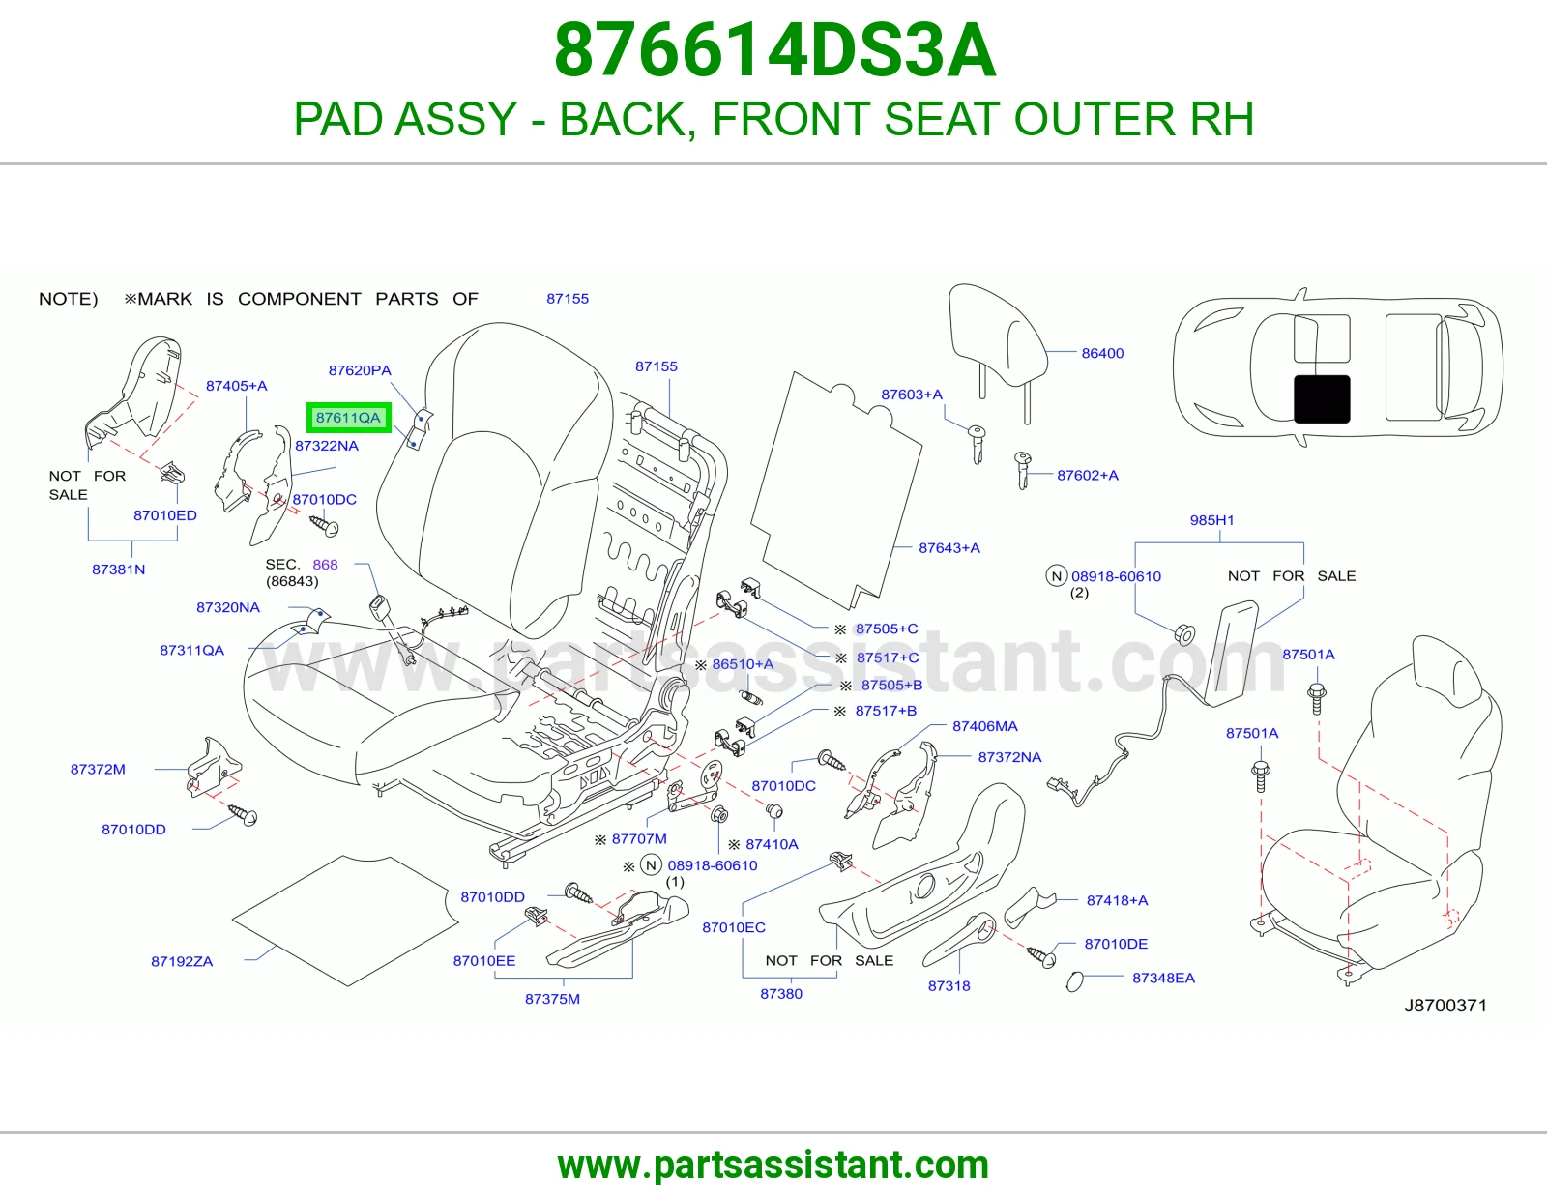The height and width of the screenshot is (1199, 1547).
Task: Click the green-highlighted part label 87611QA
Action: (348, 417)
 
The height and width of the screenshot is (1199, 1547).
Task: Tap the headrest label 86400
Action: (1102, 353)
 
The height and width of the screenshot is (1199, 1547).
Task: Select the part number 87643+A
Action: (949, 547)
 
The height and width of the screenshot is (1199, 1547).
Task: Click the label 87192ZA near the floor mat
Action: (182, 961)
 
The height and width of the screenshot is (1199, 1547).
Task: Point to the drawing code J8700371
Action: (1445, 1006)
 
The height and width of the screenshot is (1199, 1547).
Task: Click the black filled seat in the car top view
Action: (1322, 398)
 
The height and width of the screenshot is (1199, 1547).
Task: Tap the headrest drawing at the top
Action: (998, 349)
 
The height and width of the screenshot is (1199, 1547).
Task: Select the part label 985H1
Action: (1211, 520)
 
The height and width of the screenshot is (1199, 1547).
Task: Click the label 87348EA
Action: (1163, 978)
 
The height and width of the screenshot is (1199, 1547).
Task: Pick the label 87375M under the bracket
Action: (552, 998)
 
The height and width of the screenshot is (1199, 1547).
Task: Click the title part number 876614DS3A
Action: (774, 50)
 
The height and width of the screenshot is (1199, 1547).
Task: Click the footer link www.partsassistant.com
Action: (773, 1165)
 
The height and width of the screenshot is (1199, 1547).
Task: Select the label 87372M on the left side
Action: (98, 769)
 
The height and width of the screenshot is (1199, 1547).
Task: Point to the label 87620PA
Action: (360, 370)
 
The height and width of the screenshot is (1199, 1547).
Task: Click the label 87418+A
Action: (1117, 900)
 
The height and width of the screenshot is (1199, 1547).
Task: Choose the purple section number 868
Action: (325, 564)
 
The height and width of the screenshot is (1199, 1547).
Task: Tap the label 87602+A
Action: (1087, 475)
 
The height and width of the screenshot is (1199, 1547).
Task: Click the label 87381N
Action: (118, 569)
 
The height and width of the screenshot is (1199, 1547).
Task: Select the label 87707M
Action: (639, 838)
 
